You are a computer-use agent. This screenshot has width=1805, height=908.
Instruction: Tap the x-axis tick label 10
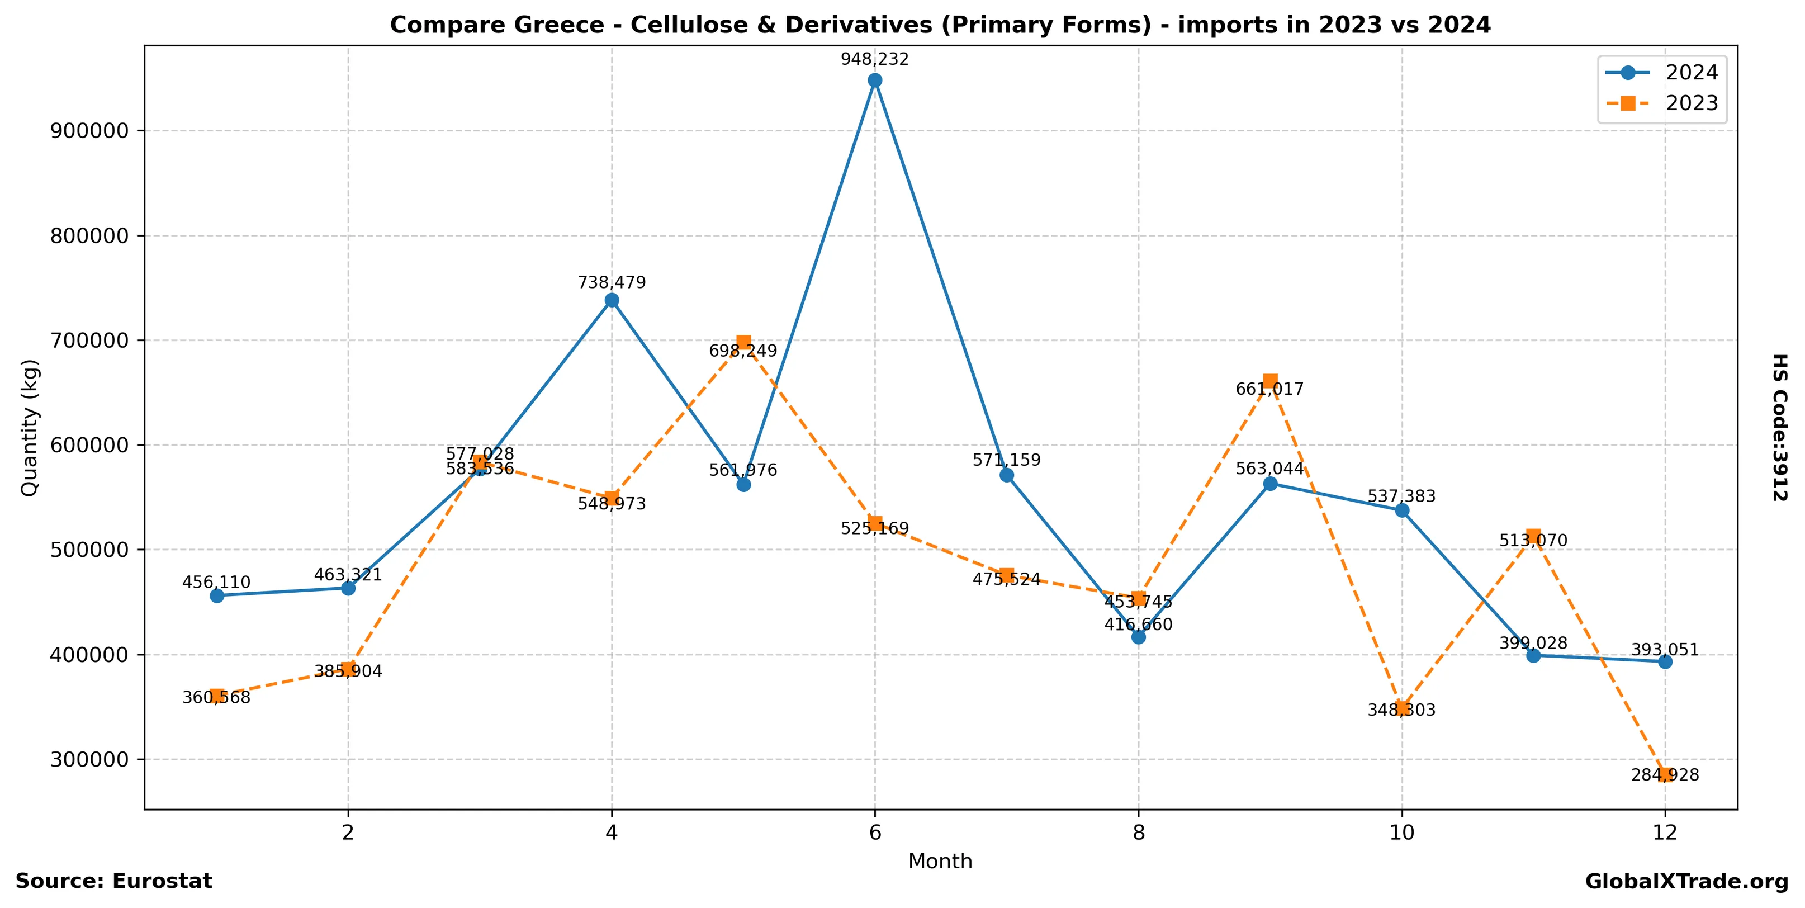pos(1401,833)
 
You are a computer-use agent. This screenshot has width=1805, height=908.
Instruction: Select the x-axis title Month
pos(940,861)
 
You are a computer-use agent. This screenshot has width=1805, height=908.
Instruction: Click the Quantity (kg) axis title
pos(30,427)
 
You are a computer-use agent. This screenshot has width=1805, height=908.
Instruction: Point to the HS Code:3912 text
pos(1780,427)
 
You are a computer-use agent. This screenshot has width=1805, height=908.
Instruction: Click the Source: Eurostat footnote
pos(113,881)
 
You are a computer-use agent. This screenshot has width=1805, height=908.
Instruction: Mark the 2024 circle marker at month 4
pos(612,301)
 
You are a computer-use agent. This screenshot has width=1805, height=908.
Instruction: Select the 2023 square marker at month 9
pos(1269,381)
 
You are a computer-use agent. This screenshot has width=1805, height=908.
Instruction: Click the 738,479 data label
pos(612,282)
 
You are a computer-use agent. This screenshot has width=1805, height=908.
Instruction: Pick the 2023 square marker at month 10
pos(1401,708)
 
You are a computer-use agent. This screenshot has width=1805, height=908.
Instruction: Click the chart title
pos(940,25)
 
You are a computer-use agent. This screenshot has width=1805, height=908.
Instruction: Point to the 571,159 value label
pos(1006,460)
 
